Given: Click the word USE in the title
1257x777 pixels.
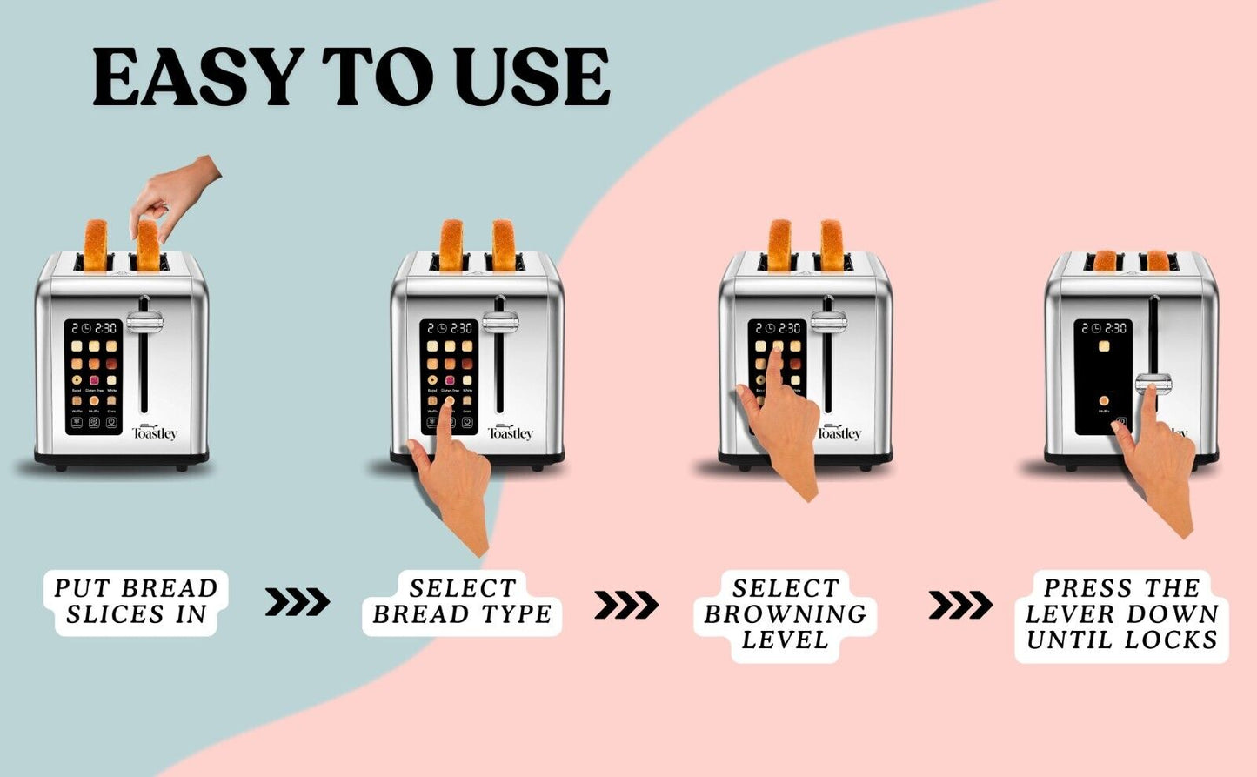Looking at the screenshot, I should [x=532, y=78].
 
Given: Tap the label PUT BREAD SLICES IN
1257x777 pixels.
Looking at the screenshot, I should [x=137, y=601].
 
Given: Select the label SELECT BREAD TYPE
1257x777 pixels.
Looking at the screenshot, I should [x=462, y=601].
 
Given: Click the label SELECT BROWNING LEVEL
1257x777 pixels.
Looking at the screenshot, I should [x=786, y=614].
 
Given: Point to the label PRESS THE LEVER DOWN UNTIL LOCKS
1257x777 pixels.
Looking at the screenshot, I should [x=1121, y=614].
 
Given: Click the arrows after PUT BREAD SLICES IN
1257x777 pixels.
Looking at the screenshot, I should [x=298, y=601].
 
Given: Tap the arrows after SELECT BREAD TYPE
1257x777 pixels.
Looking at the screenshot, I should [x=626, y=604].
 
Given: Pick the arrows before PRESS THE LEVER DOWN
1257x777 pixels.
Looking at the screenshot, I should [x=960, y=604].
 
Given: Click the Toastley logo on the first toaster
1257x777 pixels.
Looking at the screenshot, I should [x=155, y=432].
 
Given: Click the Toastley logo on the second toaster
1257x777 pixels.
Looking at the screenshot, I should [x=511, y=432].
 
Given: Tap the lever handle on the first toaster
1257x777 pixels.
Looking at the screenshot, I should [x=144, y=323].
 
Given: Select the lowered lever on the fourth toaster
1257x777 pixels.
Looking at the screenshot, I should [x=1153, y=382].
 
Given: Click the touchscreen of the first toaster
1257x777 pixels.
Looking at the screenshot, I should [x=93, y=376].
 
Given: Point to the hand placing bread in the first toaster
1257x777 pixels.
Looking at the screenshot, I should [x=174, y=196].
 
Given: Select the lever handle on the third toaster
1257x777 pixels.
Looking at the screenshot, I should [x=828, y=323].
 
